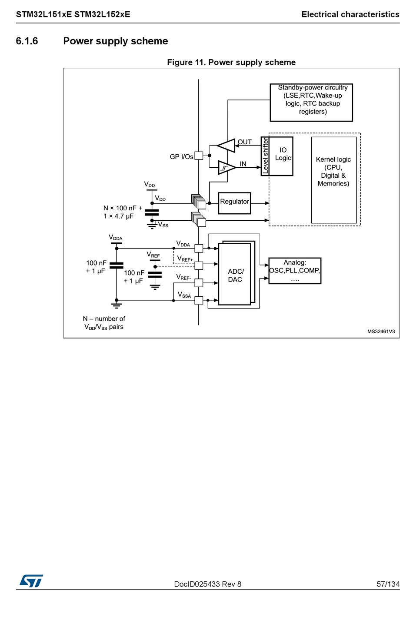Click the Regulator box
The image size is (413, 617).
coord(234,203)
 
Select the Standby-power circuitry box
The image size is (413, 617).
coord(311,102)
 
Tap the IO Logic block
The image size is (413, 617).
coord(282,156)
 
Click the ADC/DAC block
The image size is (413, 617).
coord(235,275)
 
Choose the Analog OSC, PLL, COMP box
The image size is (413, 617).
coord(295,271)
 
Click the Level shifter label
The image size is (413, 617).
coord(265,156)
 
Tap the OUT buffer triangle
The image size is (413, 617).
coord(227,145)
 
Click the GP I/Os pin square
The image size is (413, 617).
coord(199,155)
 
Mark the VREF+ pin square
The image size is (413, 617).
coord(199,265)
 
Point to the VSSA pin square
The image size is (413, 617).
coord(199,300)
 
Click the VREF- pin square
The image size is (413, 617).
coord(199,283)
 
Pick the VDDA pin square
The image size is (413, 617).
coord(199,248)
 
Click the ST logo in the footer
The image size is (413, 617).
coord(31,581)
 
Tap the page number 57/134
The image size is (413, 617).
coord(388,584)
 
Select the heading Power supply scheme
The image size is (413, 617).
coord(116,41)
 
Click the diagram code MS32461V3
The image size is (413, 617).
coord(381,332)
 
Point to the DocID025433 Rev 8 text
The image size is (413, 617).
coord(207,584)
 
